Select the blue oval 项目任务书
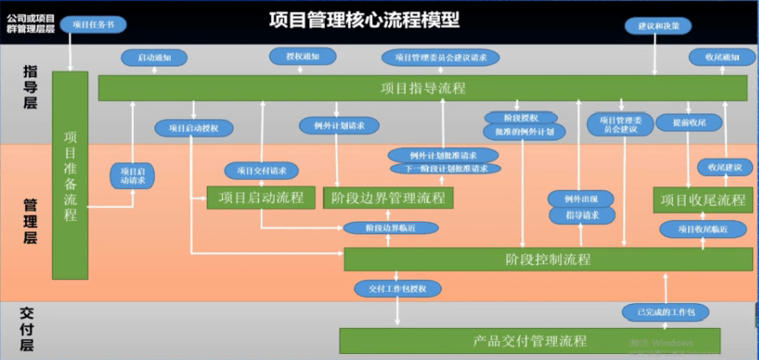(92, 25)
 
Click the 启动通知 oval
(154, 57)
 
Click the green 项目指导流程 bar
(422, 88)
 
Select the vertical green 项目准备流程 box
(70, 175)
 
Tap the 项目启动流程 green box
(261, 198)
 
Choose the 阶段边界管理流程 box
(388, 198)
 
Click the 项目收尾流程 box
(702, 200)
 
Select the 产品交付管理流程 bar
(530, 340)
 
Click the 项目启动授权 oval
(193, 128)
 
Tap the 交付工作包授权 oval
(398, 288)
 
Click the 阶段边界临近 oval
(390, 228)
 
